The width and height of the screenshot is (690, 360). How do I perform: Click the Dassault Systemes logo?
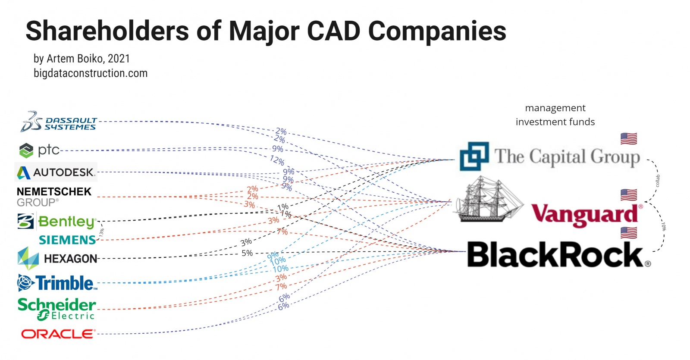point(58,122)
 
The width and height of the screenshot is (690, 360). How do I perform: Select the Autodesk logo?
point(55,172)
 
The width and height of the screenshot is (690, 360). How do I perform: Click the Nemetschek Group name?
point(54,196)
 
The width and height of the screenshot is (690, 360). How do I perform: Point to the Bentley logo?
point(56,221)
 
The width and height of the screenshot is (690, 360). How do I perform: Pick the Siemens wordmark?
point(67,240)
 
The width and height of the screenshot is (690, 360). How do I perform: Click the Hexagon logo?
point(57,258)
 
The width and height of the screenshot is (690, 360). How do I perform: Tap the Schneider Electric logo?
point(56,309)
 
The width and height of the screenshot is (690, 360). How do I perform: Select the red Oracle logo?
point(57,334)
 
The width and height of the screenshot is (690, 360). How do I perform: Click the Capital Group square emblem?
point(474,156)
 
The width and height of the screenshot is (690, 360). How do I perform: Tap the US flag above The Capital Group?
point(628,139)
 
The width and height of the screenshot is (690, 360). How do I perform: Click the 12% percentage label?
point(277,160)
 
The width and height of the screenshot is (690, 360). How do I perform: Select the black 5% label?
point(247,253)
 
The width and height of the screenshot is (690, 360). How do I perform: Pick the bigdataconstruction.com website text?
point(91,73)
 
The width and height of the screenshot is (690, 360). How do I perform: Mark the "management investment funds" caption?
point(555,115)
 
